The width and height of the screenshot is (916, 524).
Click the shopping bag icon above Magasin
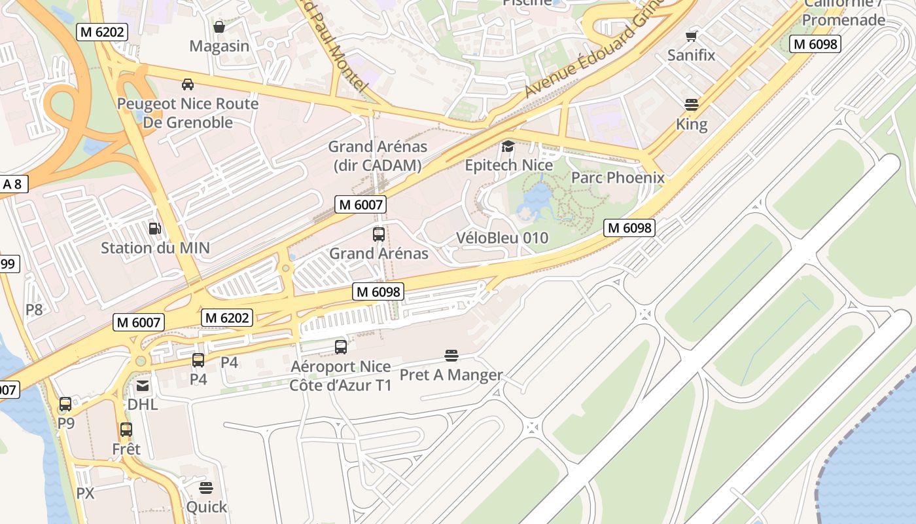tap(219, 27)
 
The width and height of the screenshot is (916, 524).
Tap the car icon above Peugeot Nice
tap(188, 84)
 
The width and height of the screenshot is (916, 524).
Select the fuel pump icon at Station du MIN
tap(155, 229)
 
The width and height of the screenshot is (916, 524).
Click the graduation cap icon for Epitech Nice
tap(508, 146)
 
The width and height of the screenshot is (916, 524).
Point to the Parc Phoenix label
tap(618, 178)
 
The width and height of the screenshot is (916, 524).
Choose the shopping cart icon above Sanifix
tap(692, 36)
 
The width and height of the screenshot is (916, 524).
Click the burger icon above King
tap(692, 105)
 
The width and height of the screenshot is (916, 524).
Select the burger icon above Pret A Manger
tap(451, 356)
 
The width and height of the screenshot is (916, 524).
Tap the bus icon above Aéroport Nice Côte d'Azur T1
tap(341, 347)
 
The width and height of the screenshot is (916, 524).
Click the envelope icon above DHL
tap(143, 386)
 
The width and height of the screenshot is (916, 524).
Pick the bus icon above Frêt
tap(126, 430)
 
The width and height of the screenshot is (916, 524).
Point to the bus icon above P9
tap(65, 404)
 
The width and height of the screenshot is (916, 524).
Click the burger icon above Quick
tap(206, 488)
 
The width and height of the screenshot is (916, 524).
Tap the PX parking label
tap(86, 493)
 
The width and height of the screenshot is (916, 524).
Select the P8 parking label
tap(34, 310)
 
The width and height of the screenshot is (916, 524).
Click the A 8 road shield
tap(12, 184)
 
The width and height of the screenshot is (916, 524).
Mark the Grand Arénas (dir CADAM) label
tap(378, 156)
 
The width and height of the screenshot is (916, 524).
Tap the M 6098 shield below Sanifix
tap(815, 44)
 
